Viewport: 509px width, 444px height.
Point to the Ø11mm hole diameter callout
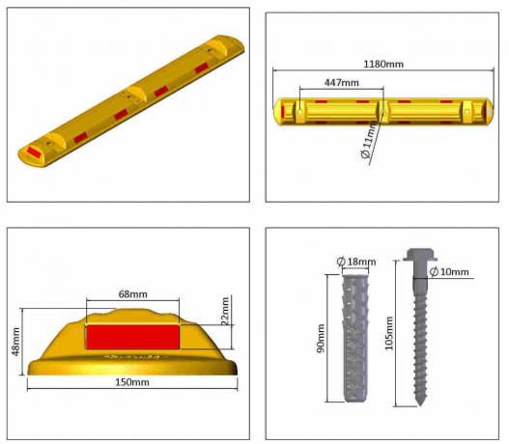click(368, 142)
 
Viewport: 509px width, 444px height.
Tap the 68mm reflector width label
click(132, 293)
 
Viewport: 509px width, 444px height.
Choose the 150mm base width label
click(133, 384)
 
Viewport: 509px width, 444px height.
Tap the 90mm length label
click(322, 338)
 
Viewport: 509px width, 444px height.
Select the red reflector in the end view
click(132, 337)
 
